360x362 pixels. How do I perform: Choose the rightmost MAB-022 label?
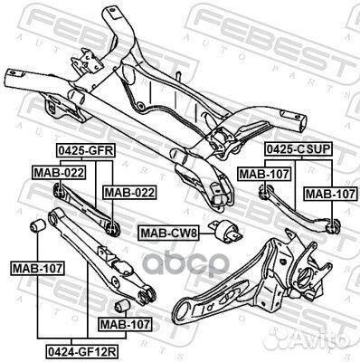(128, 192)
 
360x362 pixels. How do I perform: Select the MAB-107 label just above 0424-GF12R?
(125, 323)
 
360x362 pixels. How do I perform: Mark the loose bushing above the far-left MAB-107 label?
(40, 224)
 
